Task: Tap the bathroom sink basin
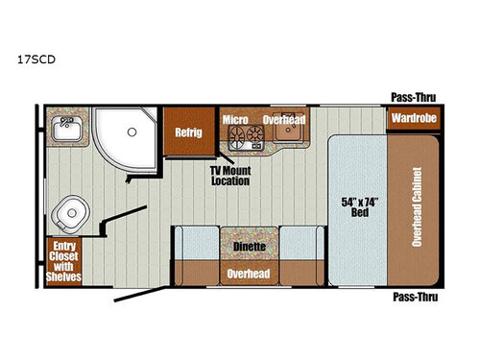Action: (x=66, y=126)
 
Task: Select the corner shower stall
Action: (x=125, y=134)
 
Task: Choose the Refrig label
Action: (x=187, y=132)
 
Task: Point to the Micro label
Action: (x=235, y=120)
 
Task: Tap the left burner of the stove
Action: (x=235, y=135)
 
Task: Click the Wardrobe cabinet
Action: (x=412, y=120)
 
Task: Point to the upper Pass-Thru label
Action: (x=409, y=95)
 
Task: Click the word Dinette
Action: (x=248, y=245)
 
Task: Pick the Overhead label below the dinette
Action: (x=248, y=273)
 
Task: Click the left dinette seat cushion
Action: (x=197, y=245)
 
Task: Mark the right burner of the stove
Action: (x=255, y=135)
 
